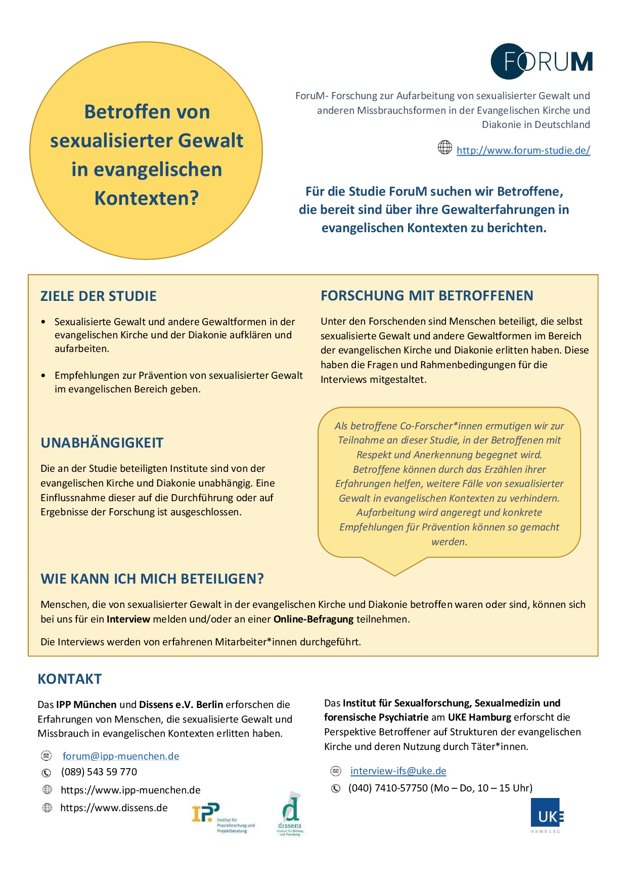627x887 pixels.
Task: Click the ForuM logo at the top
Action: [542, 61]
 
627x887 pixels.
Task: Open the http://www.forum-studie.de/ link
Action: [523, 150]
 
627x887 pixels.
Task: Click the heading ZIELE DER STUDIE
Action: [99, 296]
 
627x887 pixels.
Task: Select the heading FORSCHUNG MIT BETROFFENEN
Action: [427, 295]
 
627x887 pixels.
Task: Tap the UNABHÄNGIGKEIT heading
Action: [102, 442]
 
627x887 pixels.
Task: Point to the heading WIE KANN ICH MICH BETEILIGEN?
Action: [152, 579]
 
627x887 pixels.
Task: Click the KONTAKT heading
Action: [70, 679]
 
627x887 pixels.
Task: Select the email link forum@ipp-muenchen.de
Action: [121, 756]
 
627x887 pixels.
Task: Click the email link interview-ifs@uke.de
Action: [398, 771]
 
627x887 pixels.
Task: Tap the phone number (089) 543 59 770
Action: [99, 772]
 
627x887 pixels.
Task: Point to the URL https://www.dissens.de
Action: [114, 808]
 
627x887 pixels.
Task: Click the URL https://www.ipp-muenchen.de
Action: [130, 790]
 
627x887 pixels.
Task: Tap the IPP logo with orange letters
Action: [222, 817]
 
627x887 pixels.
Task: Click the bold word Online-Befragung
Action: [313, 619]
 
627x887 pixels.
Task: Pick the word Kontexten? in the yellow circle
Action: [147, 198]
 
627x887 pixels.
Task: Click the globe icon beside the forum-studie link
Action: [444, 148]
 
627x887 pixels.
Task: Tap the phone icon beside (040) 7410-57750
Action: [336, 788]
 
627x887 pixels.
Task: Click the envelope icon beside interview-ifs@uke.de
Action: [336, 771]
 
